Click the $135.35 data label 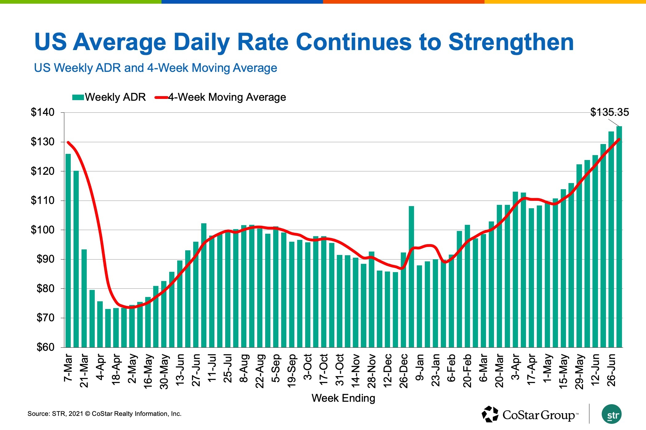click(x=609, y=112)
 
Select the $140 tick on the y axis click(x=42, y=112)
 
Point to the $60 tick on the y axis click(x=45, y=347)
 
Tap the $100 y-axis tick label click(x=42, y=230)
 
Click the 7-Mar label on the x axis click(x=68, y=368)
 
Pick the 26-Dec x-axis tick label click(x=404, y=371)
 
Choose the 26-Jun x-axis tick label click(x=612, y=370)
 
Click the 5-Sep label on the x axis click(x=276, y=368)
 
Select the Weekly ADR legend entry click(x=109, y=97)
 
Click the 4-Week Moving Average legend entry click(x=220, y=97)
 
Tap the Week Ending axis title click(x=343, y=398)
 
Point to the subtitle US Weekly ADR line click(x=155, y=68)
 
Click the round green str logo click(x=612, y=414)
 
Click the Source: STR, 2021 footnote click(x=104, y=414)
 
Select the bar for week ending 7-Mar click(x=68, y=250)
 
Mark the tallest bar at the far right click(x=619, y=237)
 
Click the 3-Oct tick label click(x=308, y=367)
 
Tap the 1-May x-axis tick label click(x=548, y=368)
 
